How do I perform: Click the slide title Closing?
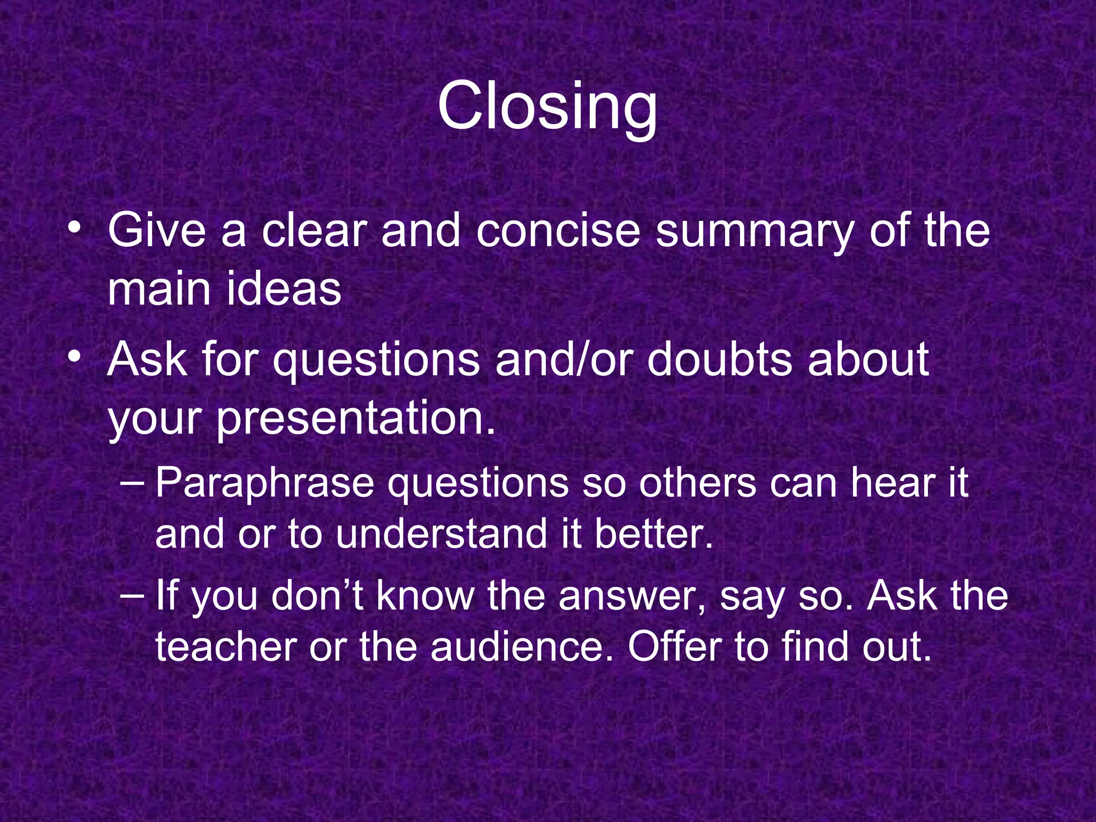coord(547,107)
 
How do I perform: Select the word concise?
coord(558,231)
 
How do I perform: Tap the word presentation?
coord(356,420)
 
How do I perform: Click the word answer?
coord(633,597)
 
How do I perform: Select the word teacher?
coord(225,646)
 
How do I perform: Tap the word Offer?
coord(675,646)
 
